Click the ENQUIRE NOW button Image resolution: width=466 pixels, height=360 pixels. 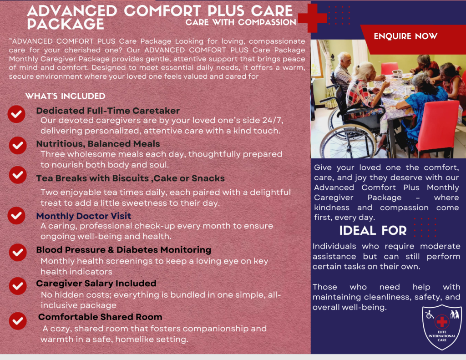coord(405,36)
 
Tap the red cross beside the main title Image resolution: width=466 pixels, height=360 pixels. coord(312,18)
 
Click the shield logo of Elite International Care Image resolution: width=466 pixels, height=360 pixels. coord(442,327)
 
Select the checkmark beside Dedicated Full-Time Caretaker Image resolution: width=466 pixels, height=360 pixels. coord(16,114)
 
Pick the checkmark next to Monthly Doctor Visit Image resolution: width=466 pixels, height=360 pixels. coord(16,216)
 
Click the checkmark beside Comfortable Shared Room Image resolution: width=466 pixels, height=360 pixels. coord(18,321)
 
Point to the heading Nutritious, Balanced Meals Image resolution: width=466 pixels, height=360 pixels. coord(98,144)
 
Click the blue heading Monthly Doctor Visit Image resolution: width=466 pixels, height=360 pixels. coord(84,216)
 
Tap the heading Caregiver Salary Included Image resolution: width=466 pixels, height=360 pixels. coord(96,283)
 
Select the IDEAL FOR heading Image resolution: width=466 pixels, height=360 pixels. coord(373,231)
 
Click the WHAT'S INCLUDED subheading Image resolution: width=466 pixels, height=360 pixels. coord(66,96)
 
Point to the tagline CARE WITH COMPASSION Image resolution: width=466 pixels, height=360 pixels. coord(241,22)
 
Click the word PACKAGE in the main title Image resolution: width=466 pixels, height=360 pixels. coord(66,24)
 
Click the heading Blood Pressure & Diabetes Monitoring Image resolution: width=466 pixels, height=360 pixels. coord(124,250)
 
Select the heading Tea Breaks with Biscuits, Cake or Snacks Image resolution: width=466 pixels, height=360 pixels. coord(131,178)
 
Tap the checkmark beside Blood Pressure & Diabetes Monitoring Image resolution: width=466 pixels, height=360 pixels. coord(18,253)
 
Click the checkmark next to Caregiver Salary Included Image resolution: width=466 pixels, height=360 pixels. coord(18,286)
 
